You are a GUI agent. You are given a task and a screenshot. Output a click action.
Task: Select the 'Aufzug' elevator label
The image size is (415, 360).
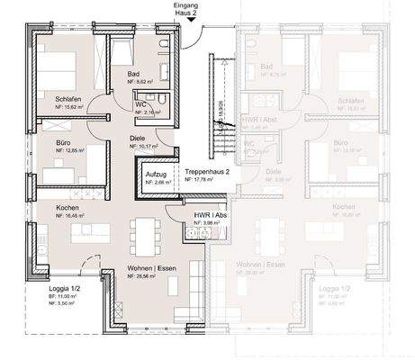click(157, 173)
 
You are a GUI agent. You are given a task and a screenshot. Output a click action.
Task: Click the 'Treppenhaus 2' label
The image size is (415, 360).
click(206, 171)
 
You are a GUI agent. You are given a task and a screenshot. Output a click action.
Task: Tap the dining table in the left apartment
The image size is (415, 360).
click(139, 238)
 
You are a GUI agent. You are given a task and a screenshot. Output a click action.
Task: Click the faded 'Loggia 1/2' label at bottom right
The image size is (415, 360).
click(336, 289)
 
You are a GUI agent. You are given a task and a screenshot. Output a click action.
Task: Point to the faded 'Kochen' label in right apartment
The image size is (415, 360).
click(343, 207)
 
